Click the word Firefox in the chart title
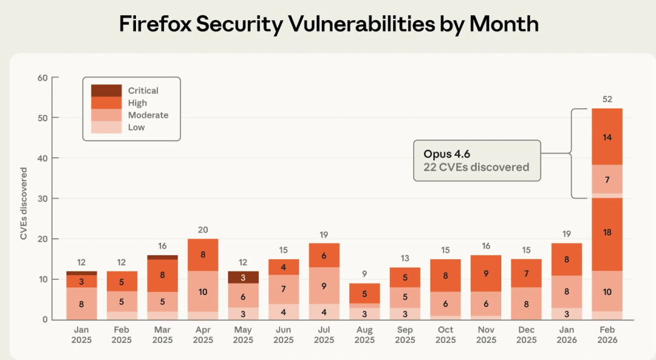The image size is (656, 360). [x=155, y=24]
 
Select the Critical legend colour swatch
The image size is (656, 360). [x=106, y=90]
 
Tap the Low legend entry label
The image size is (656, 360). [x=136, y=127]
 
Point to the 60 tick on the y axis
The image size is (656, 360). [x=43, y=77]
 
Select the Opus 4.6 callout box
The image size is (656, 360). [x=477, y=160]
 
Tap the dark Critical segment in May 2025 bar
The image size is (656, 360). [x=243, y=277]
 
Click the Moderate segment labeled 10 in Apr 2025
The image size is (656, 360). [x=202, y=291]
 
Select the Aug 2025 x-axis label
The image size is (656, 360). [x=364, y=335]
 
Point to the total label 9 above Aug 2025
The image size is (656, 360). [x=364, y=273]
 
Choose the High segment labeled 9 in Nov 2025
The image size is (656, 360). [x=485, y=273]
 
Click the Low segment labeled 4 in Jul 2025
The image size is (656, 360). [x=324, y=312]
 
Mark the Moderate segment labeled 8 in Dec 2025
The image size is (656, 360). [x=526, y=304]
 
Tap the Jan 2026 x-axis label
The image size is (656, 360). [x=567, y=335]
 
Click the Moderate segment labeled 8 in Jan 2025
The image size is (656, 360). [x=81, y=304]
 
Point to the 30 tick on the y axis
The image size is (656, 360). [x=43, y=199]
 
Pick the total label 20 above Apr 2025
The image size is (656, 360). [x=202, y=229]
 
